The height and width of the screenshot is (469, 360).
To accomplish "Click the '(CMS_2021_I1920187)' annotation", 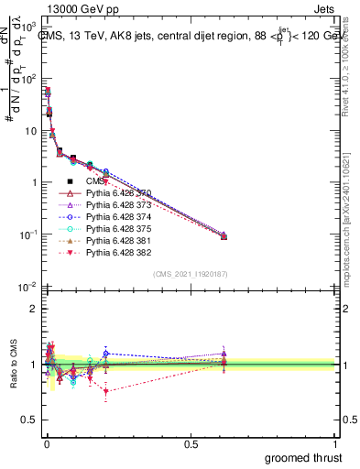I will coord(191,274).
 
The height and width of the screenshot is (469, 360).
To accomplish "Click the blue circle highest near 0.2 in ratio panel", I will coord(107,353).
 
